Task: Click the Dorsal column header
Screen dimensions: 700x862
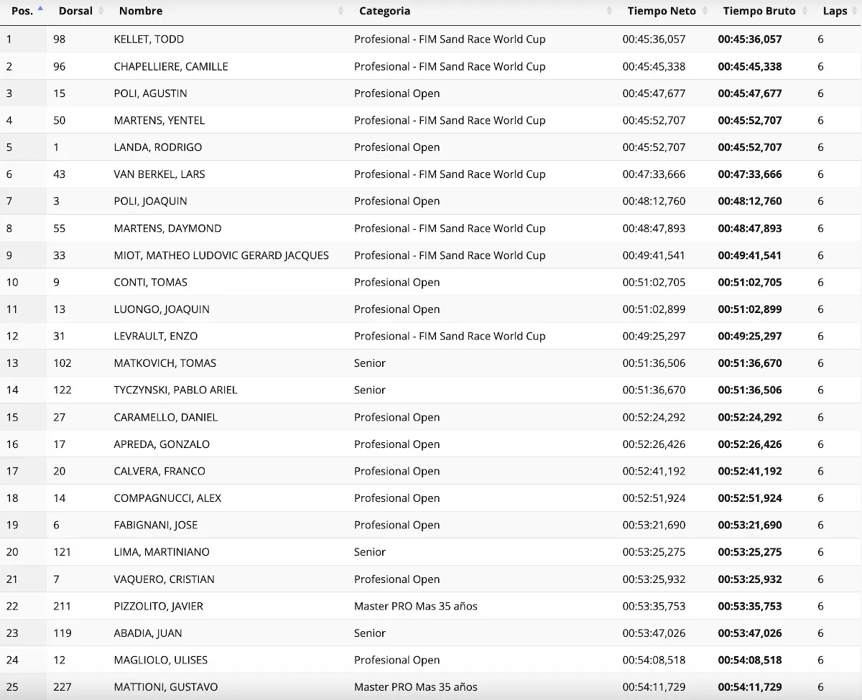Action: [75, 11]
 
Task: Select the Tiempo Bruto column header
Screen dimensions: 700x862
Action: [759, 11]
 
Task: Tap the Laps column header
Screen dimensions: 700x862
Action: [835, 11]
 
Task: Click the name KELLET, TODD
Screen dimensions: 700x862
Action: [149, 39]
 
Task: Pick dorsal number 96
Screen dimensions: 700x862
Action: [59, 66]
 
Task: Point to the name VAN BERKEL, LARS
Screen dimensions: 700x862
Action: [158, 174]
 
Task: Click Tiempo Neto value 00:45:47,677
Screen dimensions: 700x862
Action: [654, 93]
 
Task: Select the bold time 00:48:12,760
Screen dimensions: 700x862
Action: [749, 201]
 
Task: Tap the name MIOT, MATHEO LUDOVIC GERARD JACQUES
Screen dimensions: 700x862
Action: [221, 256]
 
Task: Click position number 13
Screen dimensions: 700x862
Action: [12, 363]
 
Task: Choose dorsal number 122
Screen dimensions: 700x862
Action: [62, 390]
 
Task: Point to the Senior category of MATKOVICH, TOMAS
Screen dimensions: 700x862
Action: [370, 363]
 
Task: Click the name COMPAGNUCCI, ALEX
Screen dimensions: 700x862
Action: [167, 498]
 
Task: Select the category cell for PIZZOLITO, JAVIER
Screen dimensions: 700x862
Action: [415, 607]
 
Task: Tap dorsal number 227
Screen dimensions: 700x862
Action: [62, 687]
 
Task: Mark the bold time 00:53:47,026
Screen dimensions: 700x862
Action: [749, 633]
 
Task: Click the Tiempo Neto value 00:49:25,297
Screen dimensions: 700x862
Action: [654, 336]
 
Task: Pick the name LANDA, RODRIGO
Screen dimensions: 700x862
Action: [158, 147]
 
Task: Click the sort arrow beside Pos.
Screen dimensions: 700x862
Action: [40, 9]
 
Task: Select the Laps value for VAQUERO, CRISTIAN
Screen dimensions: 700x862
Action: [820, 579]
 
